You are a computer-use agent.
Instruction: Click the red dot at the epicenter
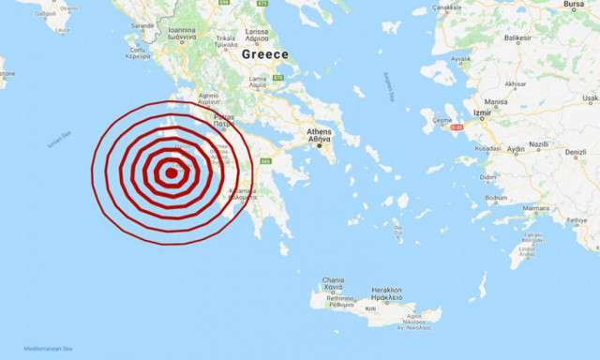click(x=171, y=172)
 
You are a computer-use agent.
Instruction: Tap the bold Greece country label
click(x=265, y=54)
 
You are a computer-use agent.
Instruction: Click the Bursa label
click(x=574, y=5)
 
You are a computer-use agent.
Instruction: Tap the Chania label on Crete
click(x=334, y=280)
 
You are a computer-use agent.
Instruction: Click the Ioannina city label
click(x=182, y=30)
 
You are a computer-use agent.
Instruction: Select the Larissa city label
click(x=257, y=31)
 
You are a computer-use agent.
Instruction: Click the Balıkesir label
click(x=517, y=38)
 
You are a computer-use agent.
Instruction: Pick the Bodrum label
click(x=497, y=199)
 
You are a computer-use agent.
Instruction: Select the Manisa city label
click(x=496, y=101)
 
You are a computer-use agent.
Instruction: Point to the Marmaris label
click(x=536, y=207)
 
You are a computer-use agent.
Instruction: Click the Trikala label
click(x=225, y=41)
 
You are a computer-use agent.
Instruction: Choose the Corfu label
click(x=137, y=50)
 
